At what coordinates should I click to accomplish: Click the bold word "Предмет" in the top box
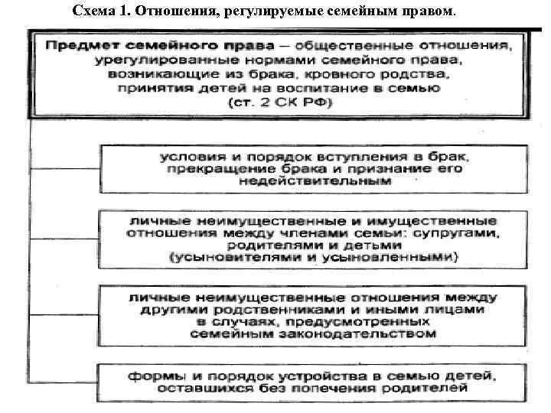click(79, 45)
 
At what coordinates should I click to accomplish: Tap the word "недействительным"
click(315, 182)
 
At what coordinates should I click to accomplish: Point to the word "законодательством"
click(369, 334)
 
